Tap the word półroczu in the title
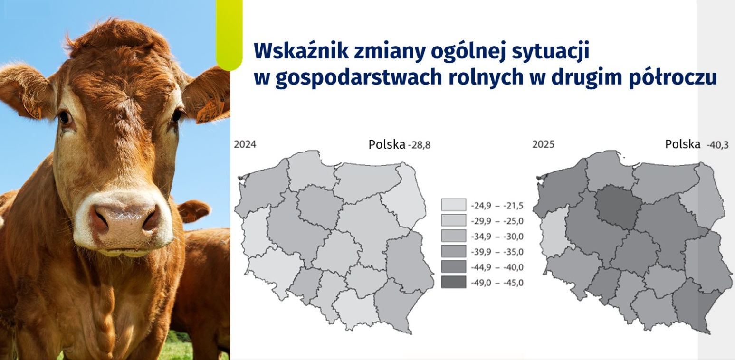(673, 78)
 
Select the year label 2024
(245, 144)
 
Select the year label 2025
(544, 144)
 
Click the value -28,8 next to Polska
(419, 145)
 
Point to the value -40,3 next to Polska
(717, 145)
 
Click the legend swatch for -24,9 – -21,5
(453, 205)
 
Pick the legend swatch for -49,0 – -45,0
(453, 282)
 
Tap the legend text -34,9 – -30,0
(497, 237)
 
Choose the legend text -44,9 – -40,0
(497, 267)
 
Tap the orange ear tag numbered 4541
(210, 112)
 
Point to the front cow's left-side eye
(65, 117)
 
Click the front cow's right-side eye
(177, 115)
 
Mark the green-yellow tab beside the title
(229, 35)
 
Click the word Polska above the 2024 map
(387, 144)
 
